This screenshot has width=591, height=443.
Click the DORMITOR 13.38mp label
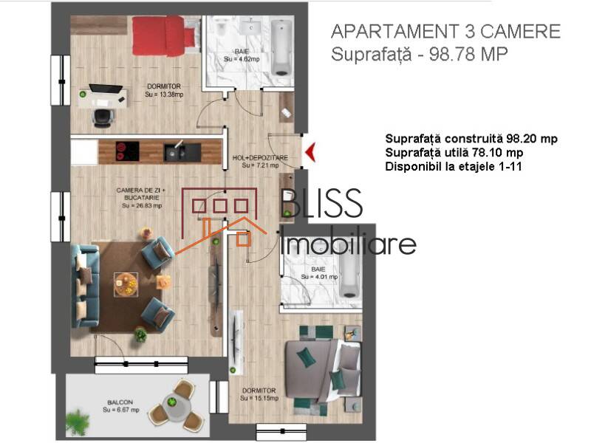pos(163,90)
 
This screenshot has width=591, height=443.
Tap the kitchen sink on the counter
pos(176,151)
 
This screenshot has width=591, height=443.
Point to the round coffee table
pos(126,283)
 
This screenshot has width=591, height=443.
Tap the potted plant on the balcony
pos(76,422)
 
